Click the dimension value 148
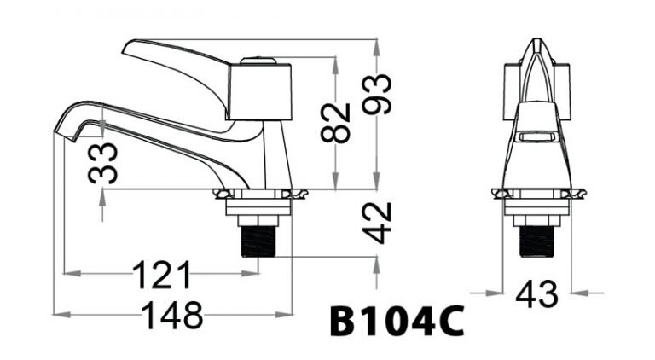[172, 315]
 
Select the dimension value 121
[161, 275]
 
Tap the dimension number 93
[376, 94]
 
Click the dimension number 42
[376, 223]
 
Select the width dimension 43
[537, 294]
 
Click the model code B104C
[397, 323]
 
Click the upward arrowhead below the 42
[376, 270]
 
